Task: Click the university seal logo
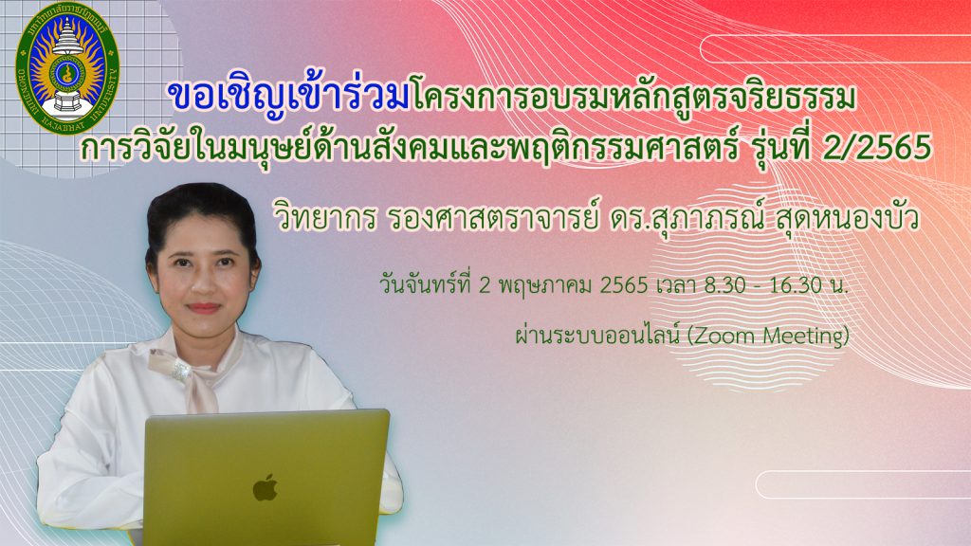67,69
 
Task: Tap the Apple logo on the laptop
266,488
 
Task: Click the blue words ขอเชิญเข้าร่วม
289,98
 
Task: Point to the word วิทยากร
325,219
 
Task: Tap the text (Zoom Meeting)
768,337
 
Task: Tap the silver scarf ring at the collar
180,370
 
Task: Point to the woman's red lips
204,307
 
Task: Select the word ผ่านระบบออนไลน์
598,336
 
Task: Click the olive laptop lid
266,477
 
